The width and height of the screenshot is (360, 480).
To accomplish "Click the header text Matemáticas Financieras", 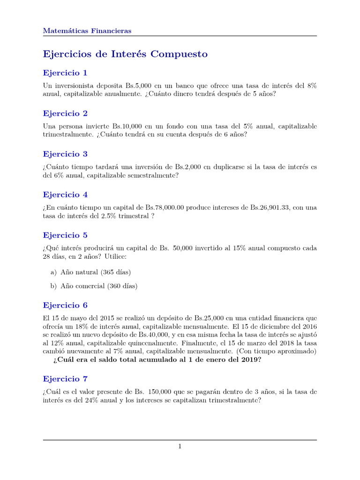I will [87, 31].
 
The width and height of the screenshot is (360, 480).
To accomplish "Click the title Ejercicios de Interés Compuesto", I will [125, 54].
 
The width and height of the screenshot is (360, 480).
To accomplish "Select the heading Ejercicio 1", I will [65, 73].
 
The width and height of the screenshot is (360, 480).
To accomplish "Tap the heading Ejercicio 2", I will [65, 113].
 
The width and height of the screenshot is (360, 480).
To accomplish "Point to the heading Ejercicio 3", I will [65, 154].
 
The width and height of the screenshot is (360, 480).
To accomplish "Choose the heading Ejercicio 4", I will [65, 195].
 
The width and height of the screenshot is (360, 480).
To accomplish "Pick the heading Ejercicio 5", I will [65, 235].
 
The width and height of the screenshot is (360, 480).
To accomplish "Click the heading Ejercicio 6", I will [65, 306].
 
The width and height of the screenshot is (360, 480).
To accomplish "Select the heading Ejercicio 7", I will [65, 379].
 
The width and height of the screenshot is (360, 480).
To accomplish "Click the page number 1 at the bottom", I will [180, 447].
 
